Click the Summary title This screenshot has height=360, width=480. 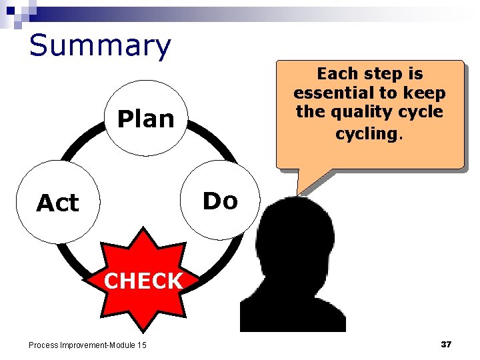(x=100, y=45)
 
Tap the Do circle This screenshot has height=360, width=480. (x=219, y=200)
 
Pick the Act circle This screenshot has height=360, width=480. (x=57, y=202)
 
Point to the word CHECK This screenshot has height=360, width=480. (x=143, y=281)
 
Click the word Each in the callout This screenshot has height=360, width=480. (x=336, y=73)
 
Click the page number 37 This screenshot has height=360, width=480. (x=446, y=344)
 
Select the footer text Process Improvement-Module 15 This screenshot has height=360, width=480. (x=87, y=345)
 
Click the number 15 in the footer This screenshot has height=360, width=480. (x=141, y=345)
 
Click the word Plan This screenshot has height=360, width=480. (x=145, y=119)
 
